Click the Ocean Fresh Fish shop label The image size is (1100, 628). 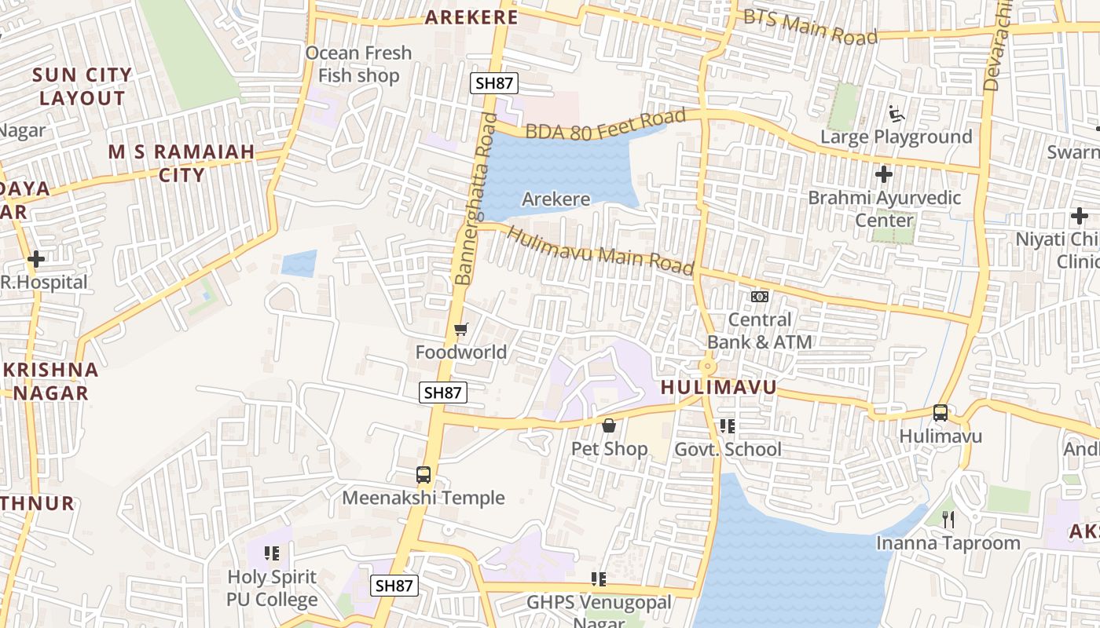coord(358,64)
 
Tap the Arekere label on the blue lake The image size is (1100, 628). coord(555,199)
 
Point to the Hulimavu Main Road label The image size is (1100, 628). coord(601,251)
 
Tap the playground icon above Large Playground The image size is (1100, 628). coord(896,114)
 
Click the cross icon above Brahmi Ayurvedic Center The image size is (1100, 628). coord(884,173)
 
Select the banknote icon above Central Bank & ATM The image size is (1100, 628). coord(759,297)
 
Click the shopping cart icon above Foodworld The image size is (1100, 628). coord(461,329)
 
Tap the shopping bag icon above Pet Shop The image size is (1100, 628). coord(609,426)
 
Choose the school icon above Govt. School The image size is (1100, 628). coord(728,426)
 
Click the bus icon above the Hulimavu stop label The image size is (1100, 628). coord(940,413)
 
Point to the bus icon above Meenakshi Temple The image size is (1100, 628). coord(423,475)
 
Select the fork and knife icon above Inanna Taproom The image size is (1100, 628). coord(948,519)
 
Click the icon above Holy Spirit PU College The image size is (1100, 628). coord(272,553)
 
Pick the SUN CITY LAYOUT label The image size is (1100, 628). coord(82,86)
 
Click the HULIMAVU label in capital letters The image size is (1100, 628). coord(718,387)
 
